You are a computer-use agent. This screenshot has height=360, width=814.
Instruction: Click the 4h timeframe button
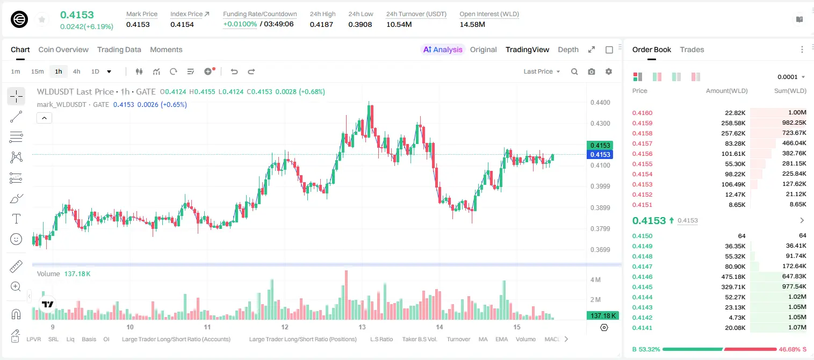(x=76, y=71)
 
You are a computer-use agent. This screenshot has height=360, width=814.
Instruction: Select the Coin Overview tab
(x=63, y=49)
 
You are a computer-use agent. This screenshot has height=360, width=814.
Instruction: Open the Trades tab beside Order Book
(x=692, y=49)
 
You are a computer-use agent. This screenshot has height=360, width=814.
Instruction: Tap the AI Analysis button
(x=443, y=49)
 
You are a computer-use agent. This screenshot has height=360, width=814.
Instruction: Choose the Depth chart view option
(x=568, y=49)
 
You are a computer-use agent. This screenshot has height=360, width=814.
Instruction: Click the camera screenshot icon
(x=592, y=71)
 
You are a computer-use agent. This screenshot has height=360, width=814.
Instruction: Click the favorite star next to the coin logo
(x=42, y=19)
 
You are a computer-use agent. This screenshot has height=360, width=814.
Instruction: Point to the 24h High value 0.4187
(x=321, y=24)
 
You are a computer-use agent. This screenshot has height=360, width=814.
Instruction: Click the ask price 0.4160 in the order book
(x=642, y=113)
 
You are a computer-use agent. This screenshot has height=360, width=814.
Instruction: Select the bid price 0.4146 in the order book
(x=642, y=277)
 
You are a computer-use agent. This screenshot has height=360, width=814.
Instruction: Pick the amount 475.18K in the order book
(x=733, y=277)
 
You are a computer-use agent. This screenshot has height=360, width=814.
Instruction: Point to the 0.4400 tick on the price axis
(x=600, y=103)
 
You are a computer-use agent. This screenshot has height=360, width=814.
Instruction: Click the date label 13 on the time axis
(x=362, y=327)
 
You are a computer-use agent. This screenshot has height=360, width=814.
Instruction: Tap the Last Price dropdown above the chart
(x=542, y=71)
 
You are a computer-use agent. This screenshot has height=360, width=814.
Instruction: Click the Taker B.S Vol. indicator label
(x=419, y=339)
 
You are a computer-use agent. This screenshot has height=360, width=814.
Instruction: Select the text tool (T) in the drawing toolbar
(x=16, y=219)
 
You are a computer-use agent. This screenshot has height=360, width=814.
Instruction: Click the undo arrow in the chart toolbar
(x=234, y=71)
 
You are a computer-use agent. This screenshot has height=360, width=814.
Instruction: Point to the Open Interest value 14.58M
(x=472, y=24)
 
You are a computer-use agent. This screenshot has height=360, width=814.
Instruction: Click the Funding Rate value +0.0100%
(x=240, y=24)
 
